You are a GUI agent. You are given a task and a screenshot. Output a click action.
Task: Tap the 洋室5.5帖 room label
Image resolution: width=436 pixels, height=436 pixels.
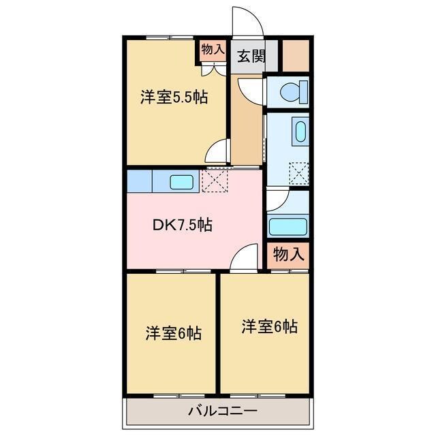pos(174,97)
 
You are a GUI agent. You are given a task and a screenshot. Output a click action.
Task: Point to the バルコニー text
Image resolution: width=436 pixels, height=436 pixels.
pos(223,410)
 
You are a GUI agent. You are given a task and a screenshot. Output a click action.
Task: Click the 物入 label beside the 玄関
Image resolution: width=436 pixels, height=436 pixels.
pos(213,50)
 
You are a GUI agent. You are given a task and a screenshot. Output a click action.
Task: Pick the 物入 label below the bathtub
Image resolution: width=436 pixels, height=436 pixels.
pos(288,255)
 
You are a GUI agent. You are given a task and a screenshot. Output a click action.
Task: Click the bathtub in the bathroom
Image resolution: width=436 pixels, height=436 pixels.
pos(289,225)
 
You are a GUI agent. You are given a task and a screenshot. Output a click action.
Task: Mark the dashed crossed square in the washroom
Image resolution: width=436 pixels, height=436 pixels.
pos(299,173)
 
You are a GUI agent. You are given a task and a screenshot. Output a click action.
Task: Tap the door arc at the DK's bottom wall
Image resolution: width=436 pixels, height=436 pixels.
pos(244,260)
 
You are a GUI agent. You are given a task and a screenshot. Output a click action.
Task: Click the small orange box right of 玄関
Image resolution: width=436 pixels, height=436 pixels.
pos(296,56)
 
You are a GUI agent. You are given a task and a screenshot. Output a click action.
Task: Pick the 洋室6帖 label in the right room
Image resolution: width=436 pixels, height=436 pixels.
pos(269,326)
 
